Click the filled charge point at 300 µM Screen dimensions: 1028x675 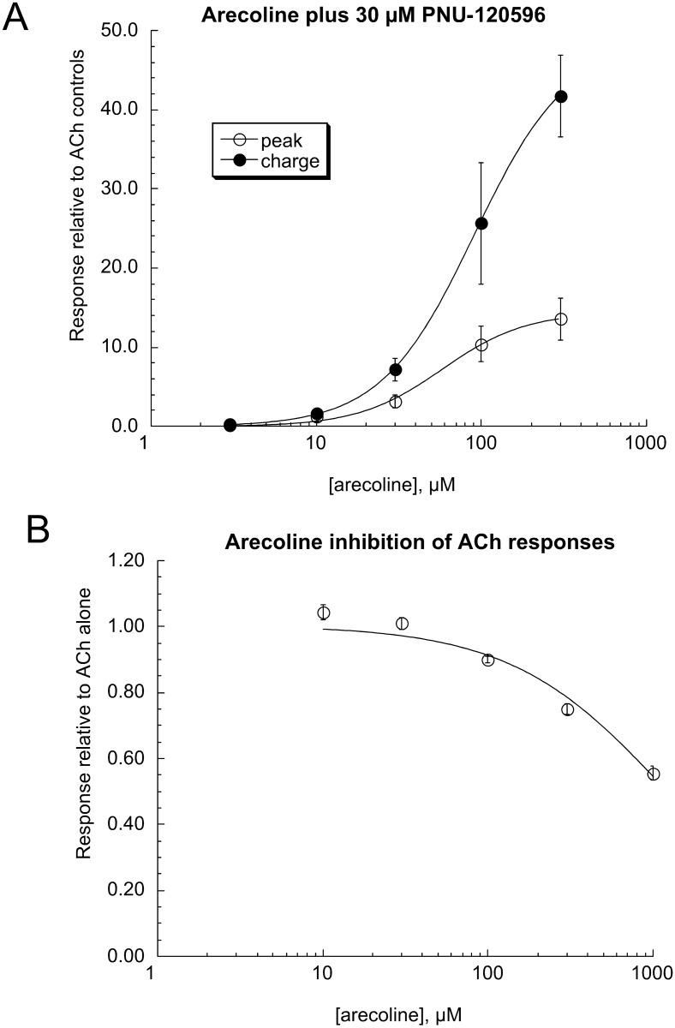point(561,97)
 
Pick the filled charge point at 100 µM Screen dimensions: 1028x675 point(481,224)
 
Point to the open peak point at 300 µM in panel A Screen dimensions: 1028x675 point(561,319)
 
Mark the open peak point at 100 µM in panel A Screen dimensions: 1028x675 point(481,344)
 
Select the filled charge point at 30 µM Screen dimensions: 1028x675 point(395,370)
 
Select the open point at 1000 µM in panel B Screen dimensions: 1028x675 point(653,774)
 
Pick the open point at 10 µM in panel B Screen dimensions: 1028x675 point(324,613)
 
